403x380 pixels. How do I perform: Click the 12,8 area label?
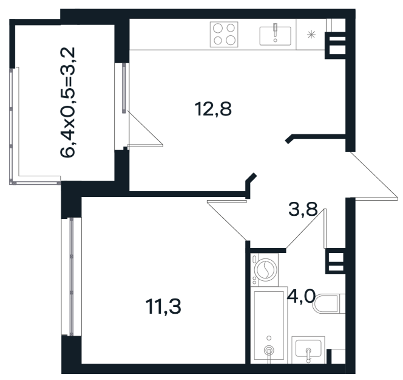coord(213,109)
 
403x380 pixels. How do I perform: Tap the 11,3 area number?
coord(163,306)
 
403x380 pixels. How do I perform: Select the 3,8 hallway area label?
coord(303,209)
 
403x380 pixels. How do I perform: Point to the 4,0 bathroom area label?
coord(301,296)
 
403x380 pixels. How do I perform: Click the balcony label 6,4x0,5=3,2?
coord(67,102)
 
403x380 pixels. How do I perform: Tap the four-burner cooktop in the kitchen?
coord(224,34)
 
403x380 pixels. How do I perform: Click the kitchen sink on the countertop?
coord(276,35)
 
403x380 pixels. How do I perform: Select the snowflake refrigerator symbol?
coord(311,35)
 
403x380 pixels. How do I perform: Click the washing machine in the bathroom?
coord(265,269)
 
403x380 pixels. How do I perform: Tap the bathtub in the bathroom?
coord(269,325)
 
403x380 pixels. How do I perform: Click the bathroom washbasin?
coord(308,349)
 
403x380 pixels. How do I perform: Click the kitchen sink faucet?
coord(276,30)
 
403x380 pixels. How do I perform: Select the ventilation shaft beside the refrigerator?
coord(336,46)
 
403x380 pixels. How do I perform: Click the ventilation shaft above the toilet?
coord(335,261)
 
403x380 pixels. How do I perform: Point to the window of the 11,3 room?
coord(71,277)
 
